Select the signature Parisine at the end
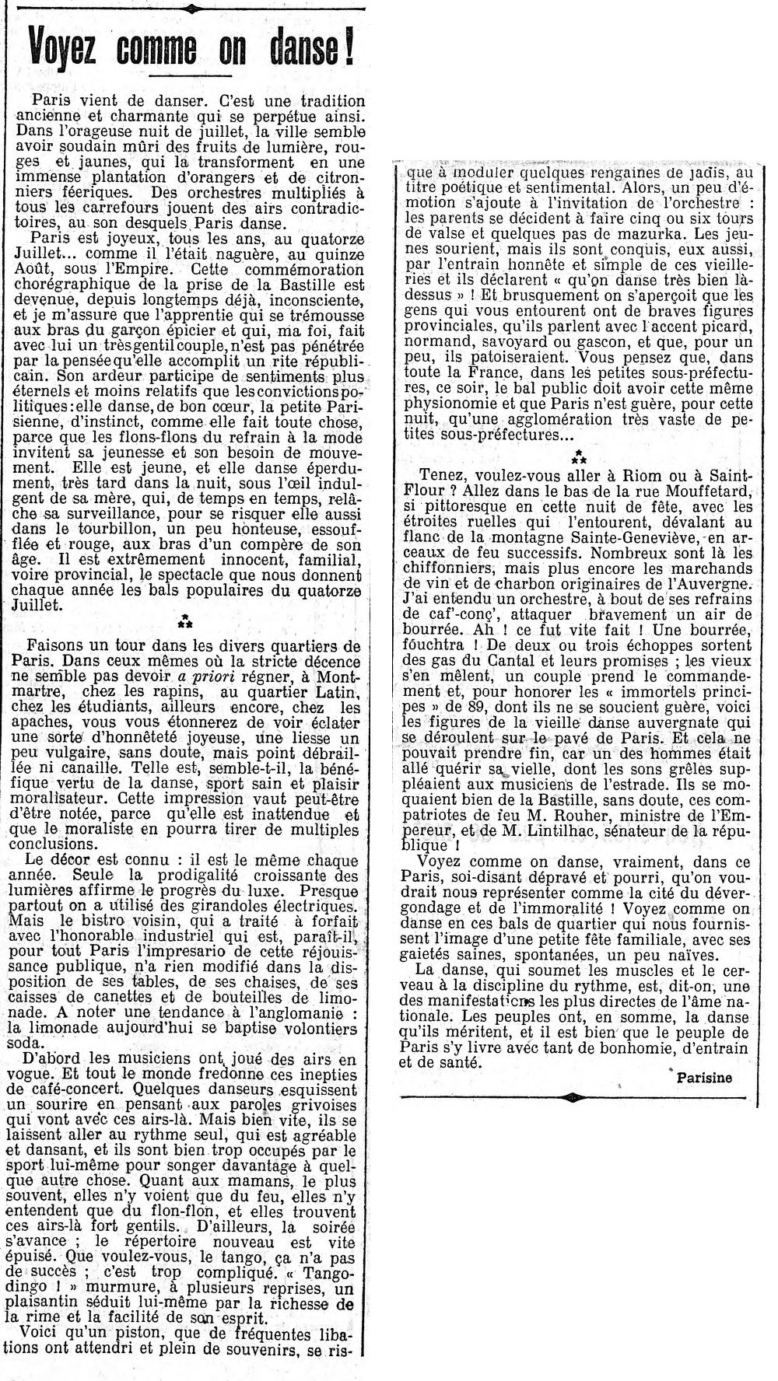click(704, 1077)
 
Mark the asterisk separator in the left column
click(185, 621)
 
